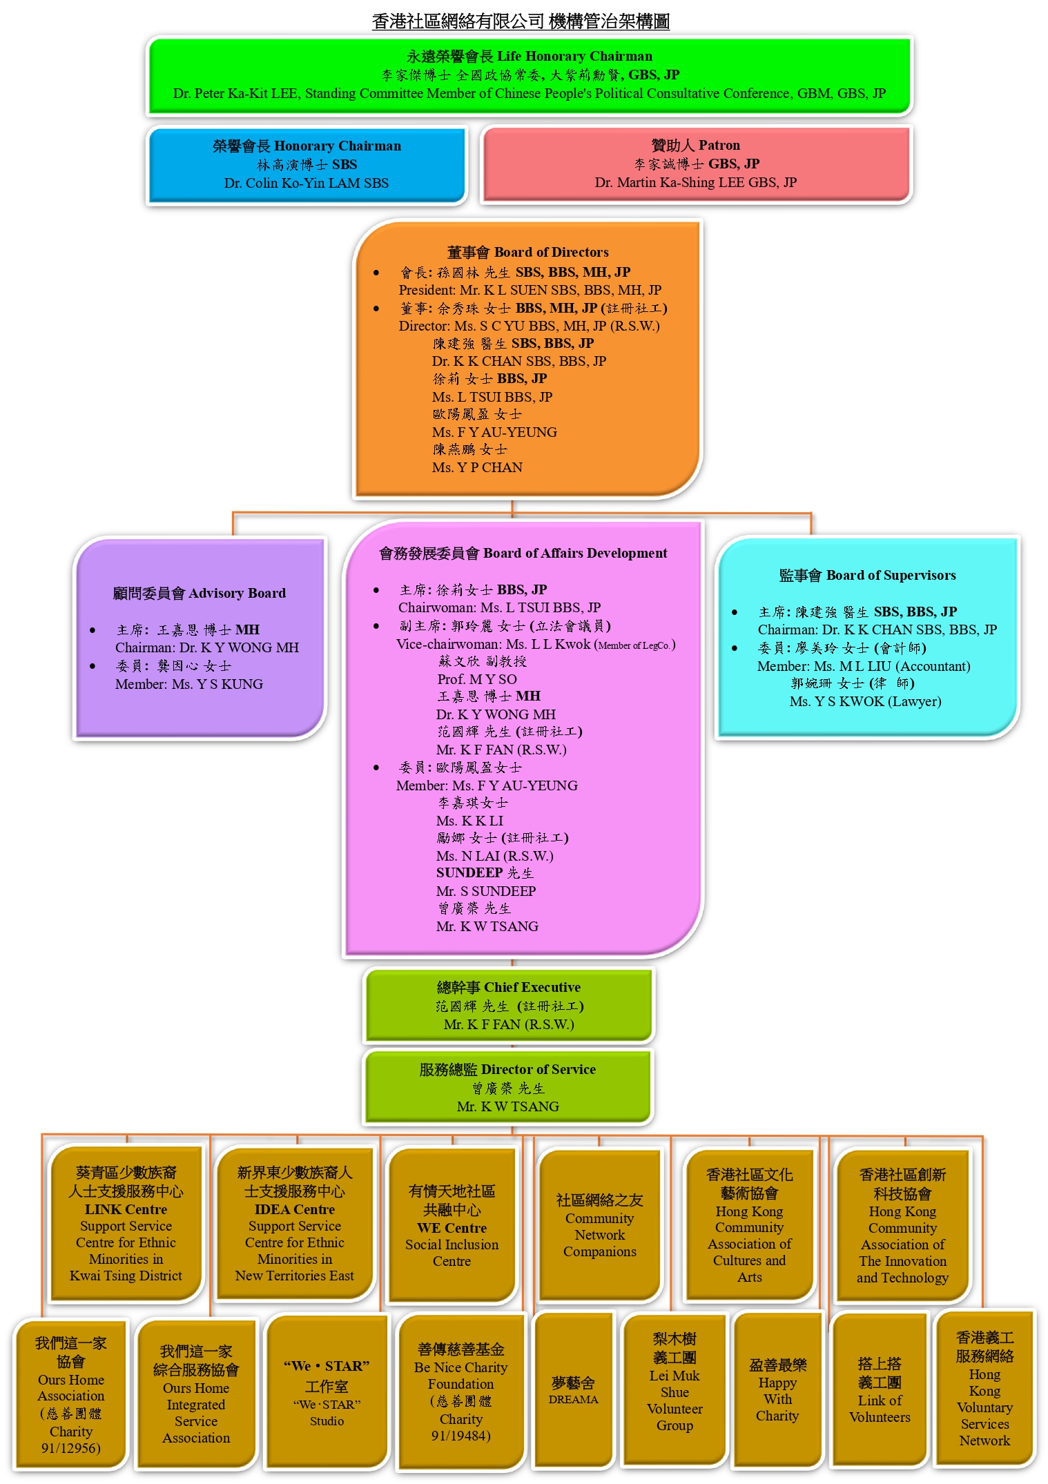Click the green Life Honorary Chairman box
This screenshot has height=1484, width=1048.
(x=530, y=75)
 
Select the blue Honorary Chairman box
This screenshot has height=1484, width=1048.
(x=307, y=165)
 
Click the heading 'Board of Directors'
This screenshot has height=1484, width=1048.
(x=527, y=252)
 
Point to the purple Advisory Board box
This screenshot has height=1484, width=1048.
(x=200, y=638)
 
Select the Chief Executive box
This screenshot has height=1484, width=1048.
(x=509, y=1006)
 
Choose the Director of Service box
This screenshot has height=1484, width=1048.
(x=507, y=1087)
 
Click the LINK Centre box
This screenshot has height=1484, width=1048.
(x=126, y=1224)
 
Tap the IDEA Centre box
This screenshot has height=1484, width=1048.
(x=295, y=1224)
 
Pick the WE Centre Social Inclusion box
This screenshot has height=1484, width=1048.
(x=452, y=1226)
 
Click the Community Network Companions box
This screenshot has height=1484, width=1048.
(x=599, y=1226)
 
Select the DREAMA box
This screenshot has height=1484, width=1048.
(x=573, y=1390)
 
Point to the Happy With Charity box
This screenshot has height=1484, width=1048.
(x=777, y=1390)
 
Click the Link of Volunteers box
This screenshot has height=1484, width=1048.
(x=880, y=1390)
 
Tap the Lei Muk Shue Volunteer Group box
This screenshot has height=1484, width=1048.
(x=675, y=1390)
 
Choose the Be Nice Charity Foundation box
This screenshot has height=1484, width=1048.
(x=460, y=1392)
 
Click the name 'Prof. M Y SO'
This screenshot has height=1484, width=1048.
(x=477, y=679)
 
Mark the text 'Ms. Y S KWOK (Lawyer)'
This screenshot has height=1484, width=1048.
(x=866, y=701)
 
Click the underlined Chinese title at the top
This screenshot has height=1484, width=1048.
(x=521, y=21)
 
